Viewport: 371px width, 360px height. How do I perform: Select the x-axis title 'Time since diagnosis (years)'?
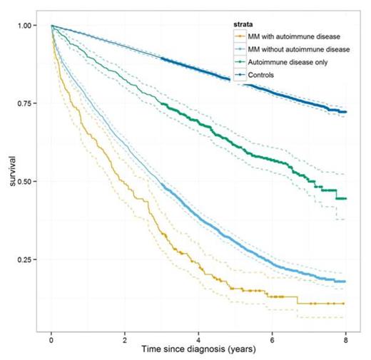tap(199, 351)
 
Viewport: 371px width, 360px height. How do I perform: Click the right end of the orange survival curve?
tap(346, 303)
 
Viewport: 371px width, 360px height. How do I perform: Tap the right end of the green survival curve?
tap(346, 198)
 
